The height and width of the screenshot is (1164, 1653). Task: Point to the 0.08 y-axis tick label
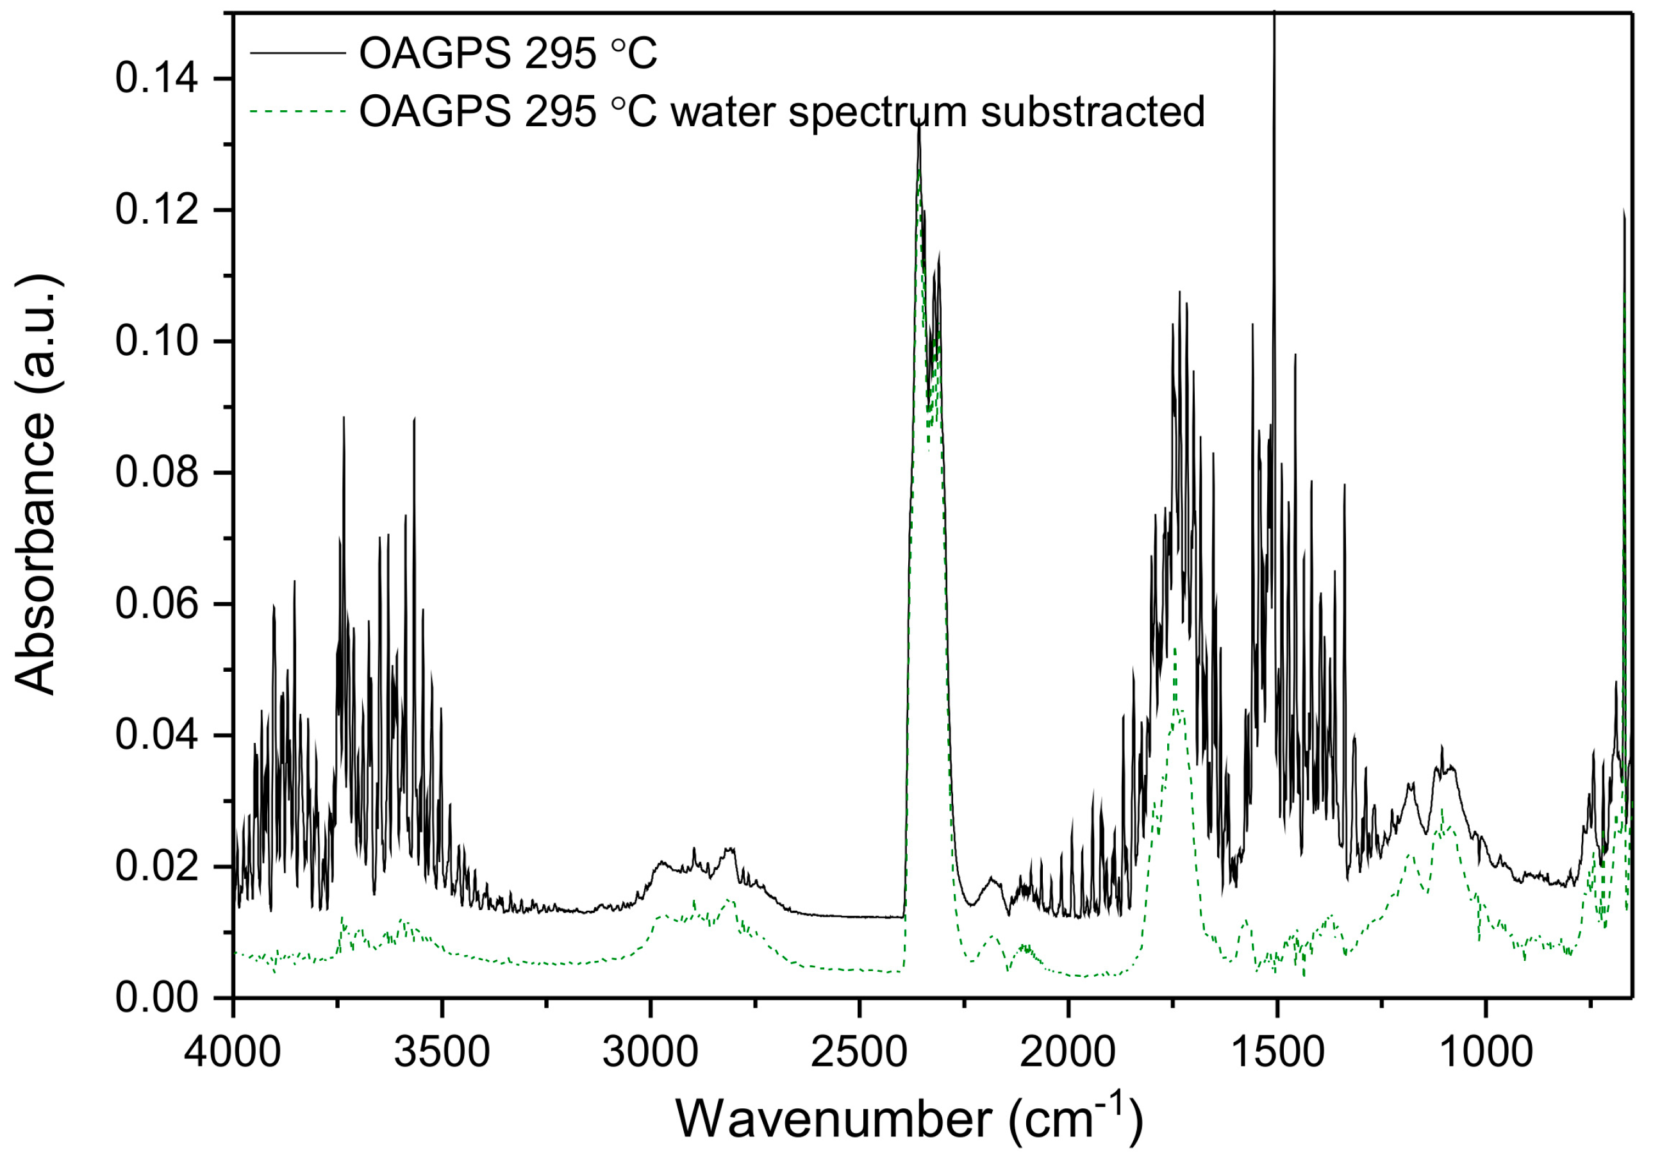coord(156,473)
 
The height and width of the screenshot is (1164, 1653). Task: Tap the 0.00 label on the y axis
coord(156,999)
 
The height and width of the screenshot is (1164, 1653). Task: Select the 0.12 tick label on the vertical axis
coord(156,210)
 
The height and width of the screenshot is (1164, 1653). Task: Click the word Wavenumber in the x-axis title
coord(834,1119)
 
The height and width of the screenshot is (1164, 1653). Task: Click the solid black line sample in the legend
coord(298,53)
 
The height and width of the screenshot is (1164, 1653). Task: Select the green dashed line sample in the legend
coord(298,111)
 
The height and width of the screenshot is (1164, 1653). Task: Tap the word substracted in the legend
coord(1093,112)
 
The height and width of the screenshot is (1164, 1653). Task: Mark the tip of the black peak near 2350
coord(919,124)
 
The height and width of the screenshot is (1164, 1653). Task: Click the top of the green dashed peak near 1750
coord(1174,649)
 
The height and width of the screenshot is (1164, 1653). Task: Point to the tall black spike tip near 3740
coord(344,417)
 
